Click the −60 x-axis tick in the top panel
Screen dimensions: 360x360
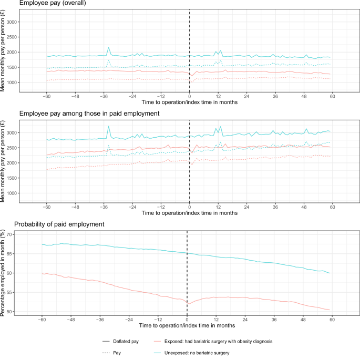pyautogui.click(x=46, y=97)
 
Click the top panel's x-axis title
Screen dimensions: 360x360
pyautogui.click(x=189, y=104)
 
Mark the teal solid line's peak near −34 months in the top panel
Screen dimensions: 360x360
pyautogui.click(x=109, y=48)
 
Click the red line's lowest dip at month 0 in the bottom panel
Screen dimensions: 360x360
pyautogui.click(x=188, y=289)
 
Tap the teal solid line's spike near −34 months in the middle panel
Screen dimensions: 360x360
pyautogui.click(x=109, y=127)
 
